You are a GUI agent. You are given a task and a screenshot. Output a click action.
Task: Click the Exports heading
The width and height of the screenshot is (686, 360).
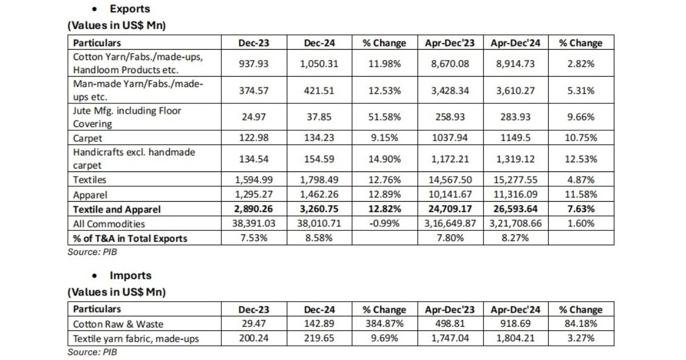pos(130,9)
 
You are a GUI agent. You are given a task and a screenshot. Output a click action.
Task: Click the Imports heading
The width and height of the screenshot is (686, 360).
pos(131,275)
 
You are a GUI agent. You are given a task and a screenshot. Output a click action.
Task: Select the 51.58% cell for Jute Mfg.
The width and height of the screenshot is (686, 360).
pos(384,117)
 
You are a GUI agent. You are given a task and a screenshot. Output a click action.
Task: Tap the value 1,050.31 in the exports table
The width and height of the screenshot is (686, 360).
pos(319,63)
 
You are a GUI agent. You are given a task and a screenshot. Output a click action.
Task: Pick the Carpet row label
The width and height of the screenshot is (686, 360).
pos(87,138)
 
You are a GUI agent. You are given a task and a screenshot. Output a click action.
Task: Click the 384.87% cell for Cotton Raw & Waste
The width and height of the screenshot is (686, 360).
pos(384,324)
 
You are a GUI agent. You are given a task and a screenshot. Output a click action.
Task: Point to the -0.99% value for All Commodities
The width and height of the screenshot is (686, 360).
pos(384,224)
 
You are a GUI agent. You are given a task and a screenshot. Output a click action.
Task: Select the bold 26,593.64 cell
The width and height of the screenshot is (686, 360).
pos(516,210)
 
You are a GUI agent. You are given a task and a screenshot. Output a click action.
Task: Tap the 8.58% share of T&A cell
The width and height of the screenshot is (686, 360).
pos(319,238)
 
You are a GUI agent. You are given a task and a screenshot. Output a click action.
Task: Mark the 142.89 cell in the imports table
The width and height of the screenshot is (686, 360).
pos(319,324)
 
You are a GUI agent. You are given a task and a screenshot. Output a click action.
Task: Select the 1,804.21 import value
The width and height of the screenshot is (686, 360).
pos(516,338)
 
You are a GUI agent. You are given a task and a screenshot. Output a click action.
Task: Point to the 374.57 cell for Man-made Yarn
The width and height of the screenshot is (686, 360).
pos(253,90)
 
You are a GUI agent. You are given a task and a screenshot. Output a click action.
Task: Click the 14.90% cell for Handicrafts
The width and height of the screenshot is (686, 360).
pos(384,159)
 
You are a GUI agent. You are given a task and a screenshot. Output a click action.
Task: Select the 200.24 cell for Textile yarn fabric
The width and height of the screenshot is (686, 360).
pos(253,338)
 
